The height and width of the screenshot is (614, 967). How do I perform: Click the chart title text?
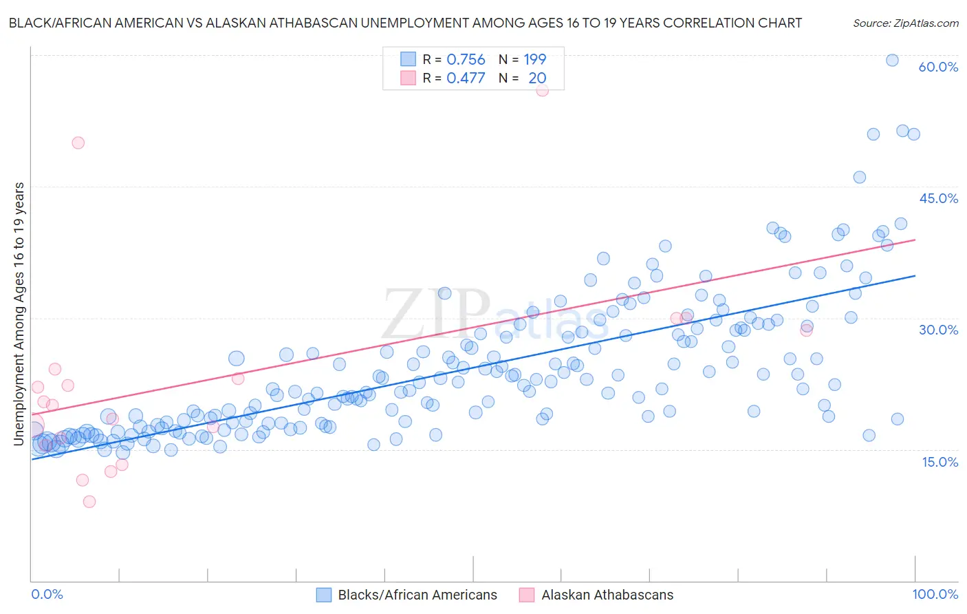pyautogui.click(x=405, y=23)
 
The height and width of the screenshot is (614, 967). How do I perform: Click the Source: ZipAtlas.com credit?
pyautogui.click(x=905, y=23)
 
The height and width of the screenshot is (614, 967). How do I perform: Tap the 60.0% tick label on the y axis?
pyautogui.click(x=938, y=67)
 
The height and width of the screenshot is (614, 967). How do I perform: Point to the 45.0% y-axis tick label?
pyautogui.click(x=938, y=198)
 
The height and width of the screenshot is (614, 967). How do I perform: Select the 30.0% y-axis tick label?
pyautogui.click(x=938, y=330)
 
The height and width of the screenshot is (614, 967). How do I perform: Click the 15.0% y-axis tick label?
pyautogui.click(x=939, y=461)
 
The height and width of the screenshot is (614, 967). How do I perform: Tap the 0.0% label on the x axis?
pyautogui.click(x=47, y=594)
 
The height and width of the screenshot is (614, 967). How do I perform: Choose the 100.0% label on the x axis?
pyautogui.click(x=935, y=594)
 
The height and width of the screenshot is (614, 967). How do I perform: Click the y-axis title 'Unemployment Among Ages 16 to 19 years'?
pyautogui.click(x=19, y=313)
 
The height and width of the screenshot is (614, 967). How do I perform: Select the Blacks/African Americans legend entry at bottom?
pyautogui.click(x=417, y=595)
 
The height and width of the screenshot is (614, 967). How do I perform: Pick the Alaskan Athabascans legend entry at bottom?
pyautogui.click(x=607, y=595)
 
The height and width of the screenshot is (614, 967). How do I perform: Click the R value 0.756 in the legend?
pyautogui.click(x=466, y=60)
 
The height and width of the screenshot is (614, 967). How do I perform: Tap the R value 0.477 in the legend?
pyautogui.click(x=466, y=78)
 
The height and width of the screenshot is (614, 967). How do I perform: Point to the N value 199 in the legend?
pyautogui.click(x=534, y=60)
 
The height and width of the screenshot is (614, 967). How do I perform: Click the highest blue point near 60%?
pyautogui.click(x=892, y=60)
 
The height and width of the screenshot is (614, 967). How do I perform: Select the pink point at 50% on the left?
pyautogui.click(x=78, y=142)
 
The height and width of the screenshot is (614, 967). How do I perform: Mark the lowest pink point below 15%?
pyautogui.click(x=89, y=502)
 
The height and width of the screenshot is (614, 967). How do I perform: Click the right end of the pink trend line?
pyautogui.click(x=915, y=240)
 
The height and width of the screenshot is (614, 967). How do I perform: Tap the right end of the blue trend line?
pyautogui.click(x=915, y=275)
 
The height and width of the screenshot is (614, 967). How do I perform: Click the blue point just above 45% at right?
pyautogui.click(x=859, y=177)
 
